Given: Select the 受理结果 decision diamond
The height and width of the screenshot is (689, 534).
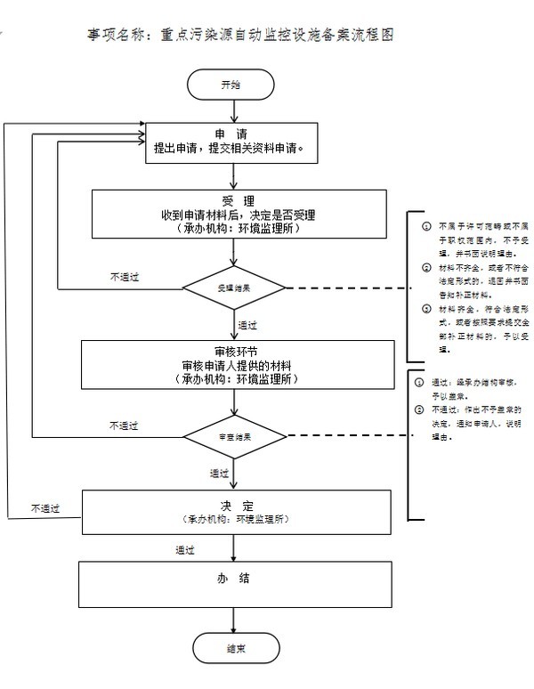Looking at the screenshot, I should pyautogui.click(x=233, y=288).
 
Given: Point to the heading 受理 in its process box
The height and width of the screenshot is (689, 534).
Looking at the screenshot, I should pyautogui.click(x=232, y=200).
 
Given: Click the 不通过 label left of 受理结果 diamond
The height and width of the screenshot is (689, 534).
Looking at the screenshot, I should pyautogui.click(x=125, y=277).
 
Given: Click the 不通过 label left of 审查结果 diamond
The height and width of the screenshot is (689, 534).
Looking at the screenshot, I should pyautogui.click(x=125, y=426).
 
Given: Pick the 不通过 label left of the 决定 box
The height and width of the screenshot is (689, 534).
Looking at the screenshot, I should pyautogui.click(x=44, y=509).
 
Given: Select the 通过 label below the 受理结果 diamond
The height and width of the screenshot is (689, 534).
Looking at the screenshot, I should pyautogui.click(x=248, y=324).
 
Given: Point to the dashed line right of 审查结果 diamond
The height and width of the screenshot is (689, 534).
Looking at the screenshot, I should pyautogui.click(x=347, y=437).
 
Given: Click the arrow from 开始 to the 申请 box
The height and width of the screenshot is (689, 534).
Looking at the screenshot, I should pyautogui.click(x=233, y=109).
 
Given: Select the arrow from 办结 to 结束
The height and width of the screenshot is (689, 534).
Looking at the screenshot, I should pyautogui.click(x=233, y=619).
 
